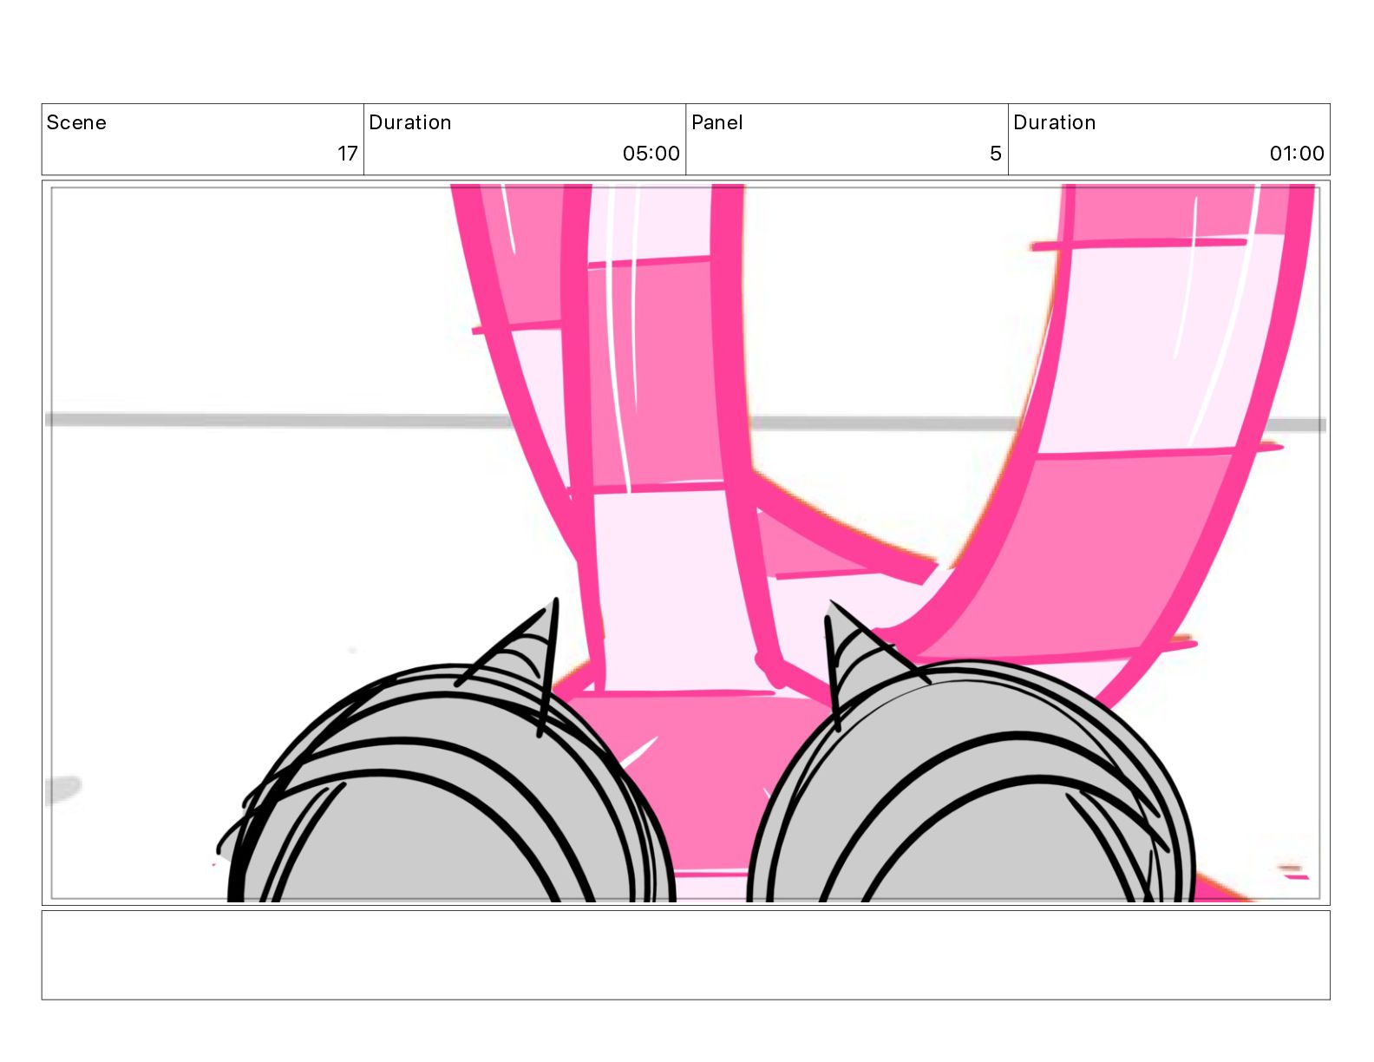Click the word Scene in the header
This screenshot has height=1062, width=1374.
click(75, 122)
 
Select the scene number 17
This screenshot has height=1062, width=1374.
click(347, 153)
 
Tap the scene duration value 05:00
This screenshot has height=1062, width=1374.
click(651, 153)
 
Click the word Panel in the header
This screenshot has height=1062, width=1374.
click(716, 122)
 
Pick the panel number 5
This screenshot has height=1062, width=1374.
click(995, 153)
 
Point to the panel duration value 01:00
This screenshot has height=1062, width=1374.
click(1296, 153)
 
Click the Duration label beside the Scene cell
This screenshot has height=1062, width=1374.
click(409, 122)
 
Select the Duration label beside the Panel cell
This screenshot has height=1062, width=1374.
click(1054, 122)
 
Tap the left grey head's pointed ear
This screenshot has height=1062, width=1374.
click(525, 652)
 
